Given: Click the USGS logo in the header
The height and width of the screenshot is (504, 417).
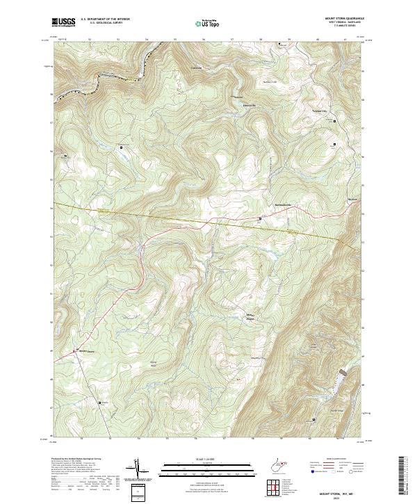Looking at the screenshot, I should [x=64, y=23].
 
